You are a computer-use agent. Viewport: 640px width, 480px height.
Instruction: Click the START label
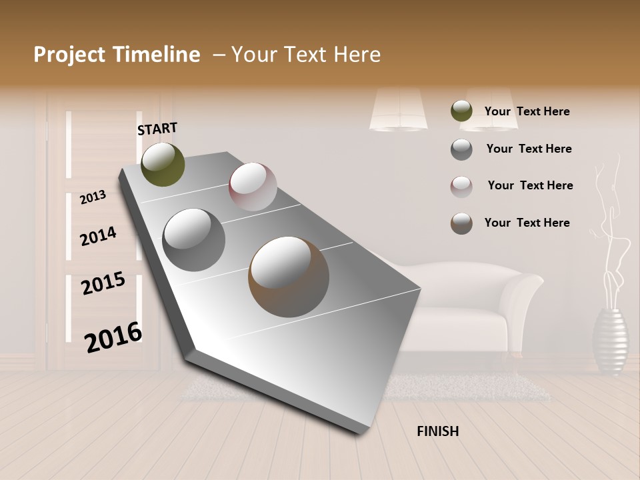[x=157, y=128]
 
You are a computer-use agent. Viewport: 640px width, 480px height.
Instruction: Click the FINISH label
[x=438, y=431]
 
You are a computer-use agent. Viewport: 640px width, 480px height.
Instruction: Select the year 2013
[x=93, y=197]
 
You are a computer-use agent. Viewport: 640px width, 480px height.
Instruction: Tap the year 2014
[x=98, y=236]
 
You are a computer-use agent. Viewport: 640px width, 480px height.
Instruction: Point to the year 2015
[x=103, y=283]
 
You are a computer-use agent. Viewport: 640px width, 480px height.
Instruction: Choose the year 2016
[x=113, y=337]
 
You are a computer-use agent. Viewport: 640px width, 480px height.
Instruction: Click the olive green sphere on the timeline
[x=163, y=164]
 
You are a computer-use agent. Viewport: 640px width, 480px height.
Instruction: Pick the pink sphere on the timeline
[x=253, y=186]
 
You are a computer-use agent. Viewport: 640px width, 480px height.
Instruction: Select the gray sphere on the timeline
[x=194, y=239]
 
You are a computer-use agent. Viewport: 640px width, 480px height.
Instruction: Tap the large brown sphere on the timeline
[x=289, y=276]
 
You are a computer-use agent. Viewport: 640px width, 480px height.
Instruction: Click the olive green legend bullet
[x=461, y=111]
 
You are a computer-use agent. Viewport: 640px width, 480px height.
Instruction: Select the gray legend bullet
[x=461, y=149]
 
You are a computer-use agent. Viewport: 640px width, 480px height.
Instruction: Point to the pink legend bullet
[x=461, y=187]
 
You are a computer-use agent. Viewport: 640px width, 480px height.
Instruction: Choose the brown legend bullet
[x=461, y=223]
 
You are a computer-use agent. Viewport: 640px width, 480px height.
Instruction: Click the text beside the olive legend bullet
[x=527, y=111]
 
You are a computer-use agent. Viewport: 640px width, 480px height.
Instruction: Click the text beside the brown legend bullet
[x=527, y=223]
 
